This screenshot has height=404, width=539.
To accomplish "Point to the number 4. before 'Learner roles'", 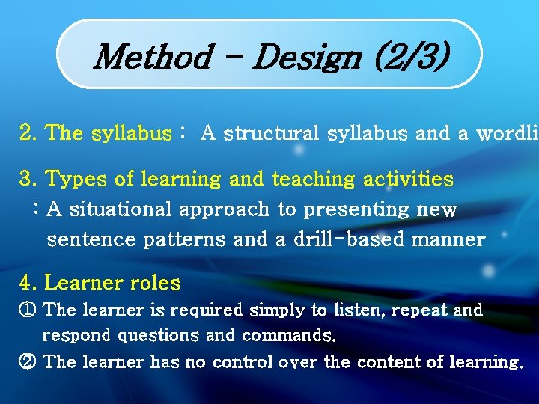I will [x=28, y=284].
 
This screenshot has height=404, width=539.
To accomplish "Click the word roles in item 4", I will [x=155, y=284].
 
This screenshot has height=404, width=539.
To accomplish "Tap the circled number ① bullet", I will [x=27, y=310].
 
